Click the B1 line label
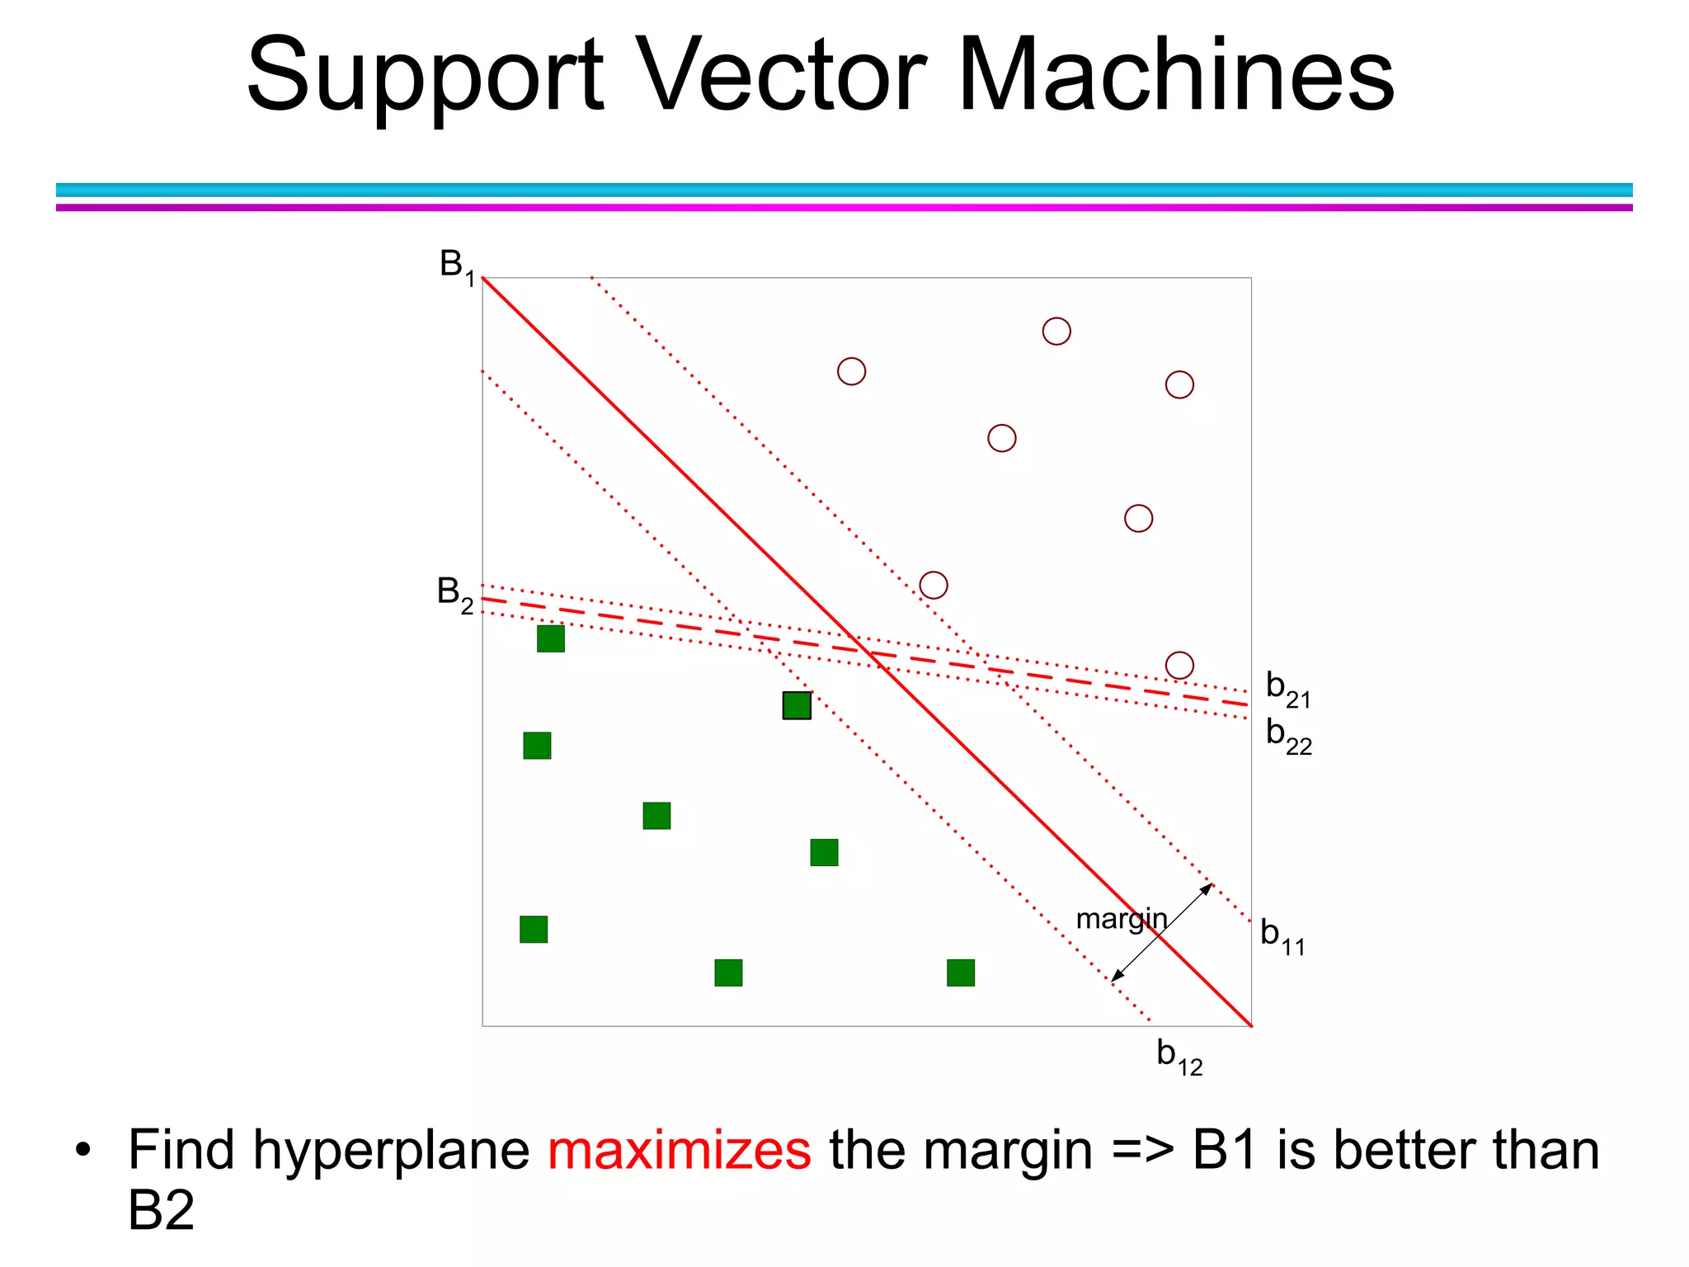457,266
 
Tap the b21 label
1287,689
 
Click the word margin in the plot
1121,918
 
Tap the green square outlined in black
797,705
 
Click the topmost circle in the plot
1056,332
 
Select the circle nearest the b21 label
1179,665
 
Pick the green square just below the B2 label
551,638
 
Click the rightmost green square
961,973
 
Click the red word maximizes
680,1150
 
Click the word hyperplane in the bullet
391,1152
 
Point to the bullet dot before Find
82,1151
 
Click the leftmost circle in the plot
851,371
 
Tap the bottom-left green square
534,930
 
